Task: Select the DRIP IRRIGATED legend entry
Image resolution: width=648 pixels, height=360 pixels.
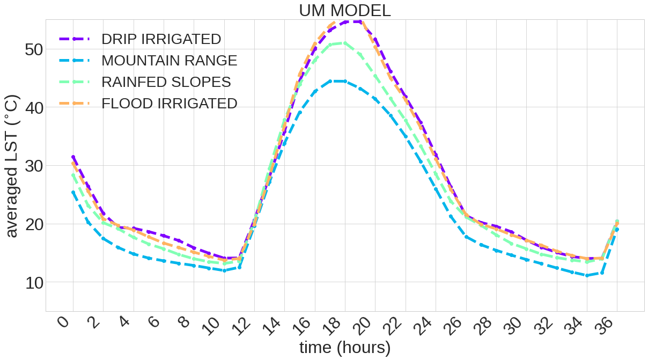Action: click(161, 39)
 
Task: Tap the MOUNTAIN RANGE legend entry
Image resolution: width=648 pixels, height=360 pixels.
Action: click(169, 61)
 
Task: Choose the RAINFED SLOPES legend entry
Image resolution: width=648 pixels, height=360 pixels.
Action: click(166, 82)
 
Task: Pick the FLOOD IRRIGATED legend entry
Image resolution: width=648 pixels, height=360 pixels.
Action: click(169, 104)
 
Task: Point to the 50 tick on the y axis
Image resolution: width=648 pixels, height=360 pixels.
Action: click(35, 49)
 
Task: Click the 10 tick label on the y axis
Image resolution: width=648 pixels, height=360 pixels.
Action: click(35, 282)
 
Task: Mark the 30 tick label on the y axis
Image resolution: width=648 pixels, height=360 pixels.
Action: click(35, 166)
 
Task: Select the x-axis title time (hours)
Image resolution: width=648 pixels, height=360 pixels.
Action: click(345, 348)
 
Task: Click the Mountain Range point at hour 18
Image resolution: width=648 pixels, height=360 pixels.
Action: click(345, 81)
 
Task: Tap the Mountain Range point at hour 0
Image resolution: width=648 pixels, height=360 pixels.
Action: click(73, 192)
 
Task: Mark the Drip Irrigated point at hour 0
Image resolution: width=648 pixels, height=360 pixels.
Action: click(73, 157)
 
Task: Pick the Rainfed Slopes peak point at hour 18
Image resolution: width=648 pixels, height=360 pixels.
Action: click(345, 43)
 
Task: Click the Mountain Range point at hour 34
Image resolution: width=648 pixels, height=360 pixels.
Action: click(587, 275)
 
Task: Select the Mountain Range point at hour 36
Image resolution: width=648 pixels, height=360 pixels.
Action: click(617, 230)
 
